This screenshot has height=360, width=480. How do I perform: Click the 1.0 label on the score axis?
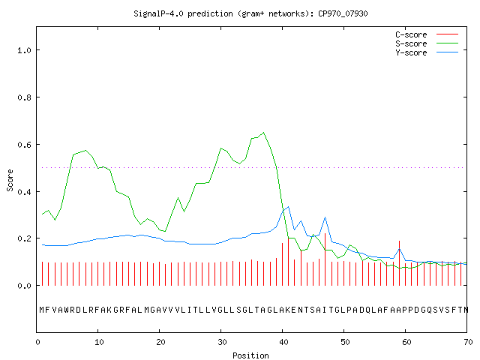tap(25, 50)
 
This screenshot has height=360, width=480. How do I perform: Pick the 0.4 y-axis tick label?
tap(25, 192)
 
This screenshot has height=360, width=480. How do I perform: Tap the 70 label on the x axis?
tap(468, 342)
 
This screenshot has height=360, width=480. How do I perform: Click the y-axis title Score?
tap(10, 180)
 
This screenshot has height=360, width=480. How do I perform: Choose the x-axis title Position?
tap(250, 355)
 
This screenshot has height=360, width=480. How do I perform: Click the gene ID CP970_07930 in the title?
tap(343, 13)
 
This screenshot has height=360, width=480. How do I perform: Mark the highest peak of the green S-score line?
tap(263, 133)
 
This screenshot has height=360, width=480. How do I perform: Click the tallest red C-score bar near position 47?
tap(325, 259)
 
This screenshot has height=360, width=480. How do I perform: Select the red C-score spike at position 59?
tap(399, 263)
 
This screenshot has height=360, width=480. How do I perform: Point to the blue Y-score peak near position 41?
tap(288, 207)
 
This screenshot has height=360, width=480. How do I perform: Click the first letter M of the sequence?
tap(42, 310)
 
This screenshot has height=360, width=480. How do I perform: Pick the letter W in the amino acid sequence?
tap(67, 310)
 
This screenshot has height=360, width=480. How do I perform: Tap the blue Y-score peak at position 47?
tap(325, 217)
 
